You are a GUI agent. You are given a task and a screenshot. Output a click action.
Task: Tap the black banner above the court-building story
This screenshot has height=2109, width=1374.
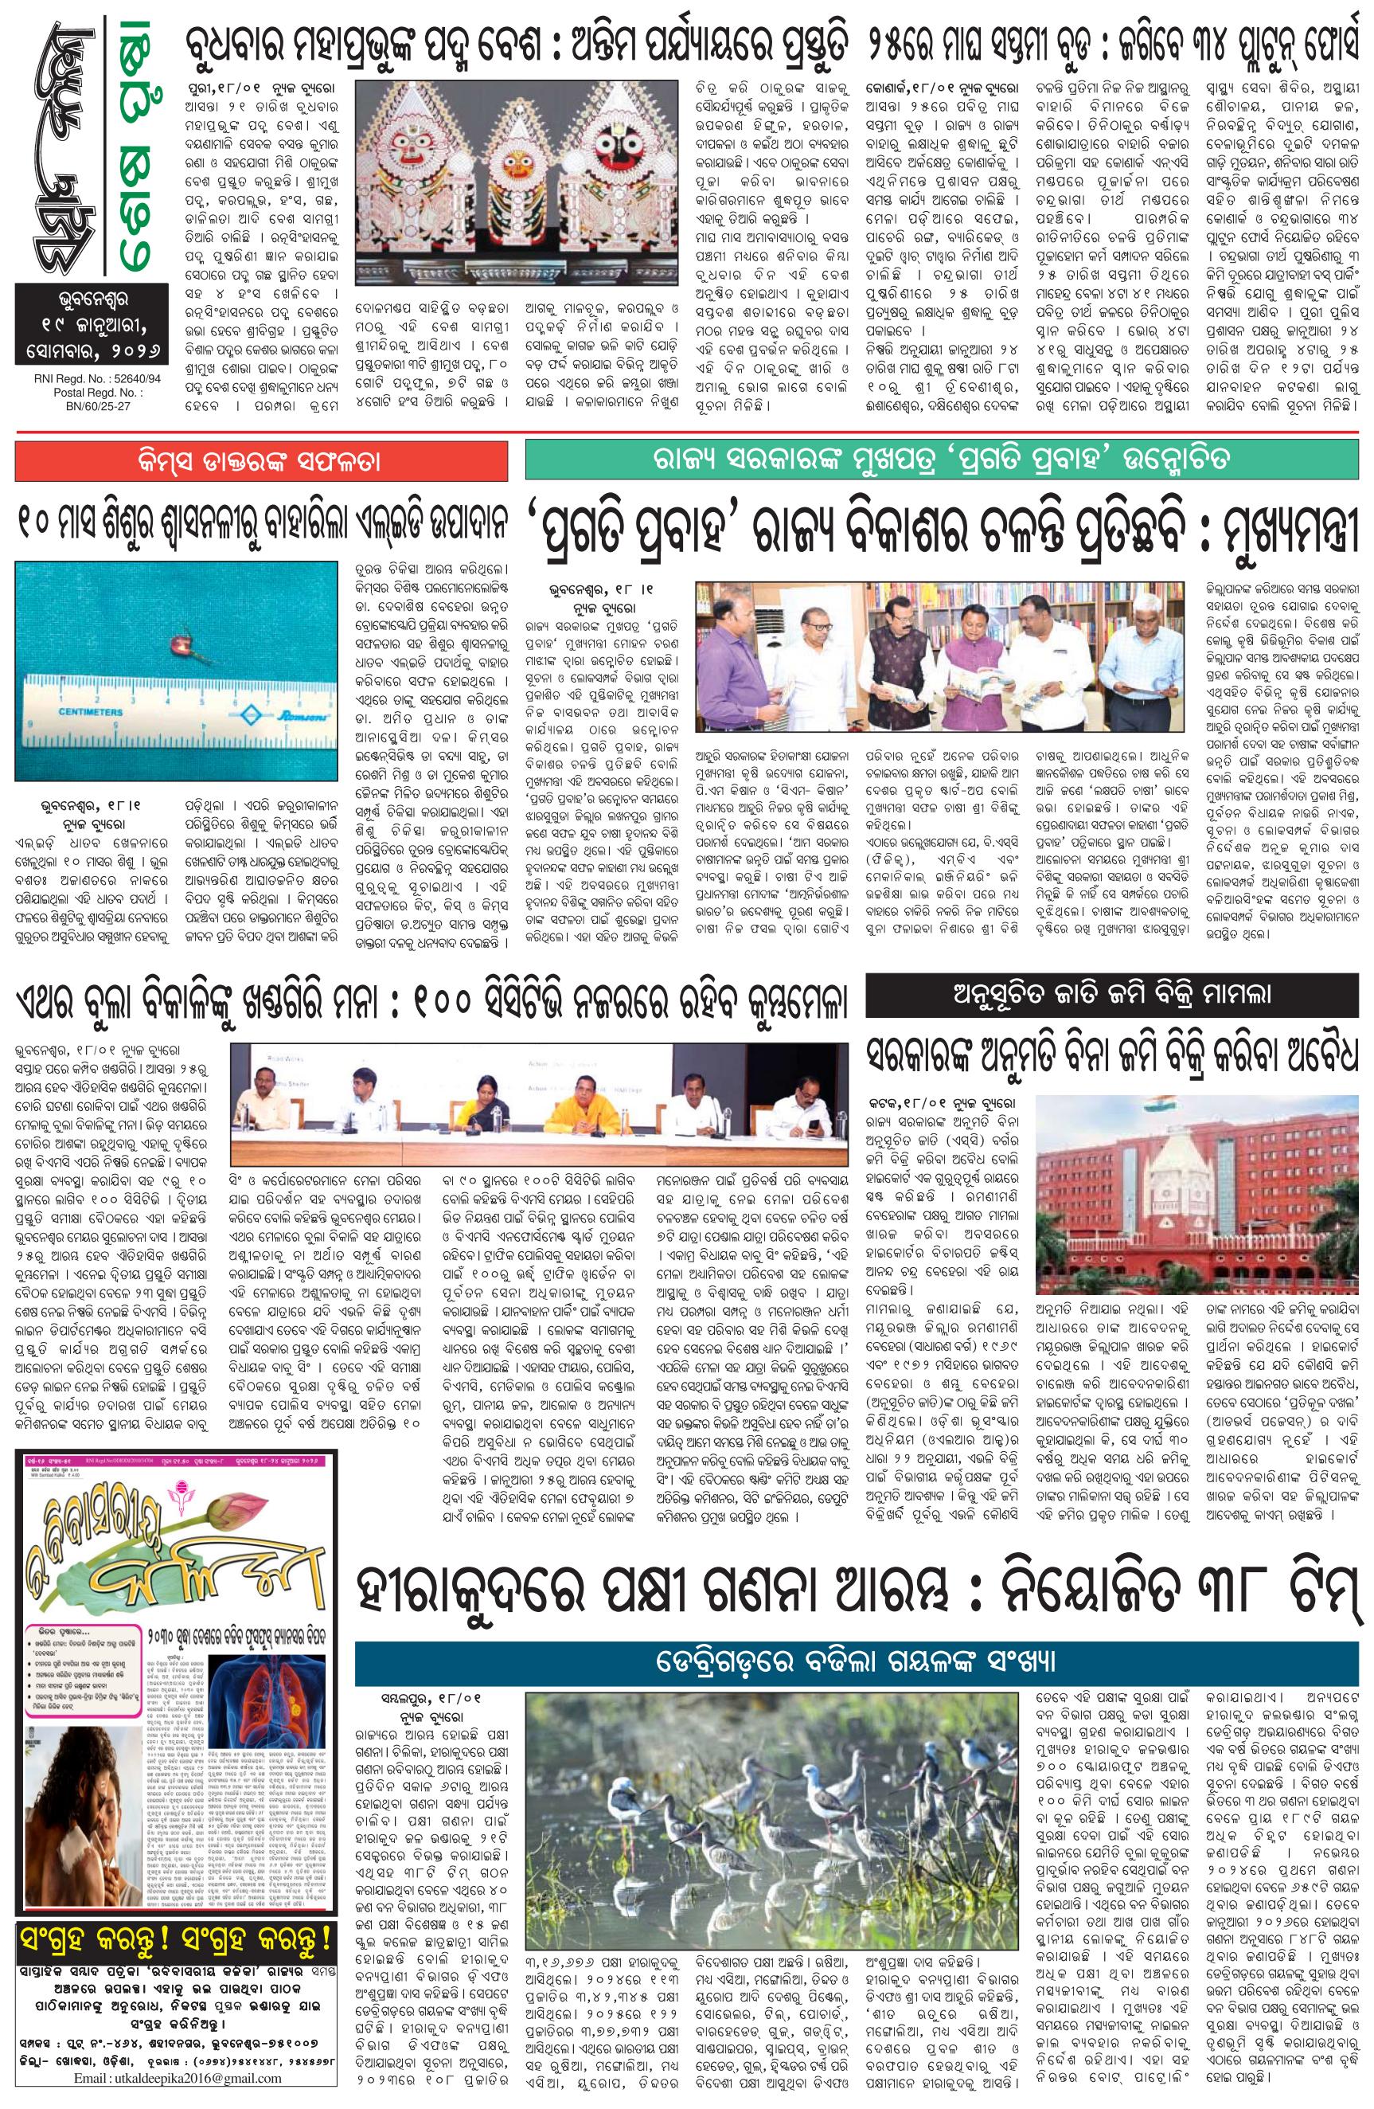point(1111,993)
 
